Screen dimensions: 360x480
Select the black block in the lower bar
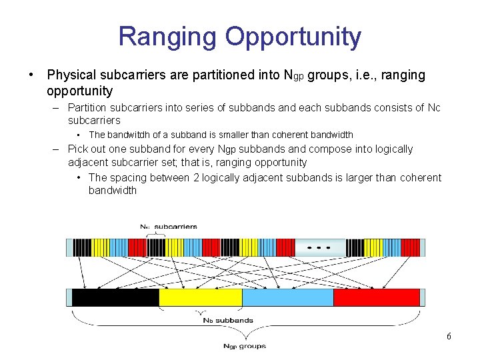(x=115, y=297)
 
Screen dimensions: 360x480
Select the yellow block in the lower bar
(x=200, y=297)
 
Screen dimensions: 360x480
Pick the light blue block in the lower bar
(x=287, y=297)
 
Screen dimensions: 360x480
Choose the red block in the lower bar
(x=376, y=297)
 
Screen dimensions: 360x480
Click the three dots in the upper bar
(x=318, y=247)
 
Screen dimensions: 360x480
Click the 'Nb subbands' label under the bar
(x=227, y=321)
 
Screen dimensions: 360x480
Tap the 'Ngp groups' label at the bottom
(x=244, y=346)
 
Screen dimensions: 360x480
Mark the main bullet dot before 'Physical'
(x=31, y=75)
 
